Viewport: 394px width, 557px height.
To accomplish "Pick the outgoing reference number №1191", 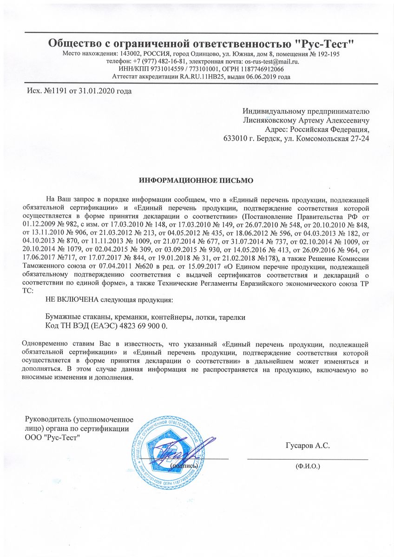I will (52, 91).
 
